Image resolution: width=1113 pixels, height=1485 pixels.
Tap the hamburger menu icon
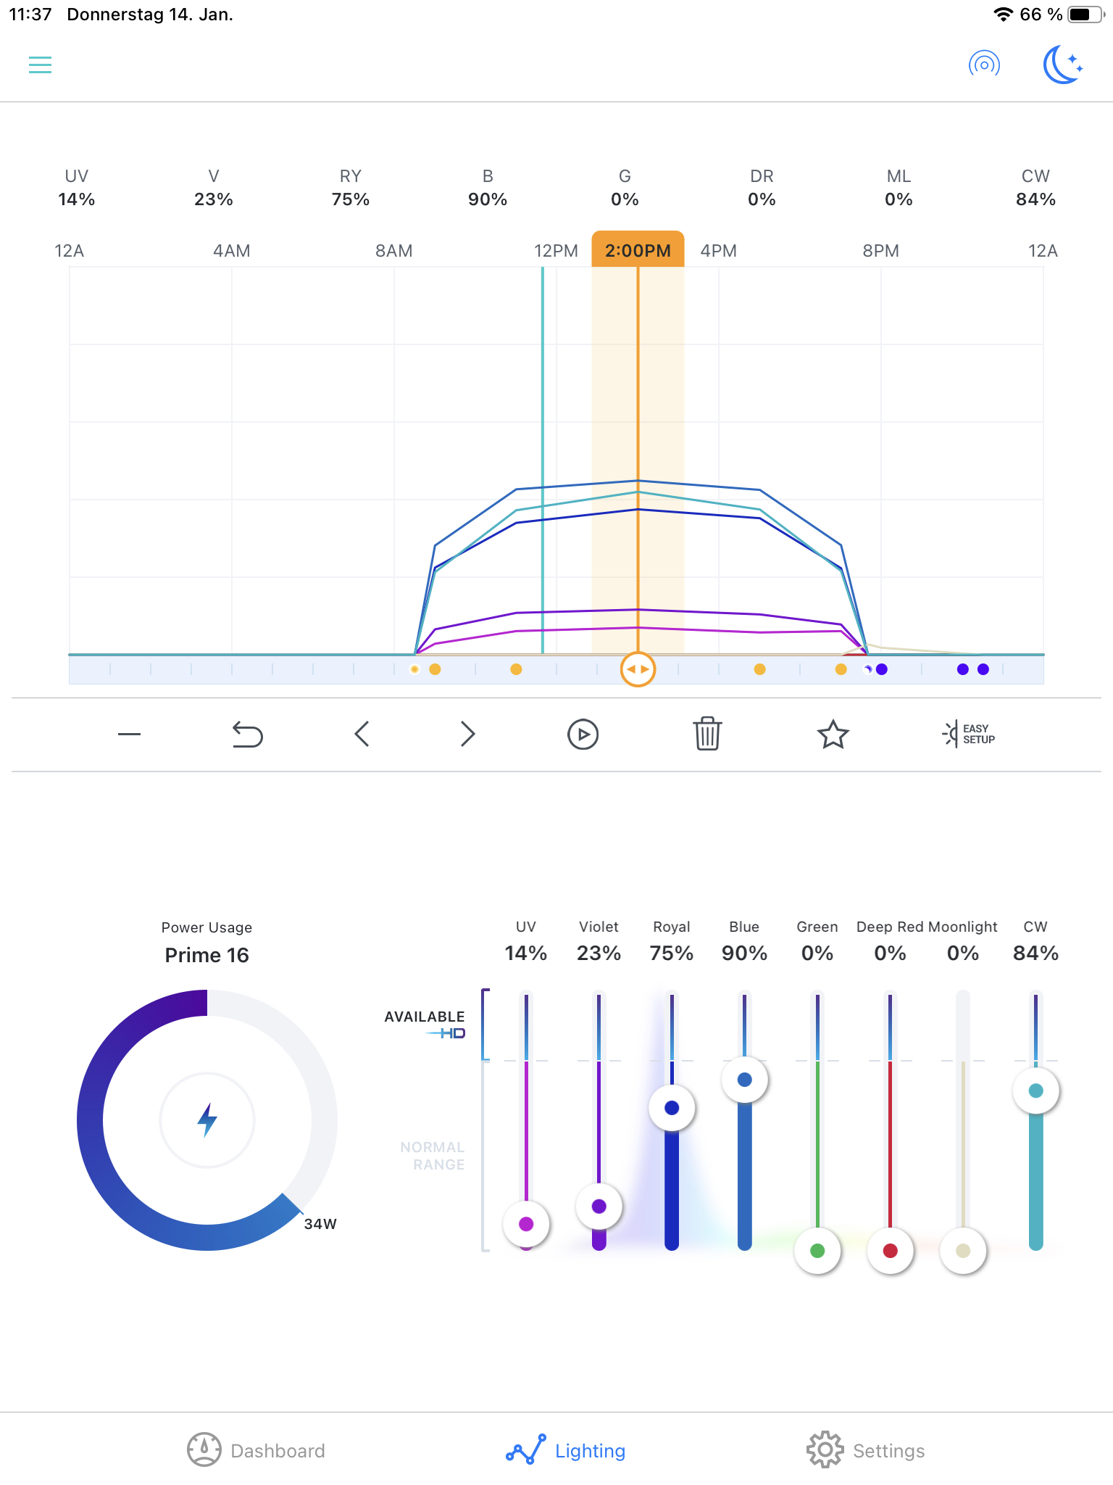(x=40, y=65)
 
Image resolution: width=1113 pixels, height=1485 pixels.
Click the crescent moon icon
(x=1062, y=65)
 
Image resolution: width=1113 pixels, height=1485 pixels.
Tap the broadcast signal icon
(x=984, y=65)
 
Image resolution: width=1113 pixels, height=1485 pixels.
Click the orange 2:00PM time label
(x=638, y=250)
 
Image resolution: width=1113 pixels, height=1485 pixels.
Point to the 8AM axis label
(x=393, y=251)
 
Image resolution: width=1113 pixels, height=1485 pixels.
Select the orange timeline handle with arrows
(x=638, y=669)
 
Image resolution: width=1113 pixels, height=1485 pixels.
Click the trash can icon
(x=707, y=734)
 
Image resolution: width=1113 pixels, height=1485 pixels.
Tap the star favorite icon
(x=833, y=734)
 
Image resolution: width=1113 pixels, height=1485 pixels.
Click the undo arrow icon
(x=247, y=734)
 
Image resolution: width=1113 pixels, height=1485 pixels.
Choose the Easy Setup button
(x=969, y=734)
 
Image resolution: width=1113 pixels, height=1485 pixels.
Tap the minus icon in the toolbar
(x=129, y=734)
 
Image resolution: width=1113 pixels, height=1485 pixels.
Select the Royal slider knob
(x=672, y=1108)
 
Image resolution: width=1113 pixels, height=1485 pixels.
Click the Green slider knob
(x=817, y=1250)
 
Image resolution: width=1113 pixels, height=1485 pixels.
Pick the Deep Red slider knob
(x=891, y=1250)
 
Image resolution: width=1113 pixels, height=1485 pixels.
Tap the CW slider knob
(x=1036, y=1091)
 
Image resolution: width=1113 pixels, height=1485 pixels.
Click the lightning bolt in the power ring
(x=207, y=1120)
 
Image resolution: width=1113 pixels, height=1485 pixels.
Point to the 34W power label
(x=320, y=1224)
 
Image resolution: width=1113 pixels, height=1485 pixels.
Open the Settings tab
(x=866, y=1450)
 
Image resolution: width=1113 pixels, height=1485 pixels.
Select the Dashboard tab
(x=256, y=1450)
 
